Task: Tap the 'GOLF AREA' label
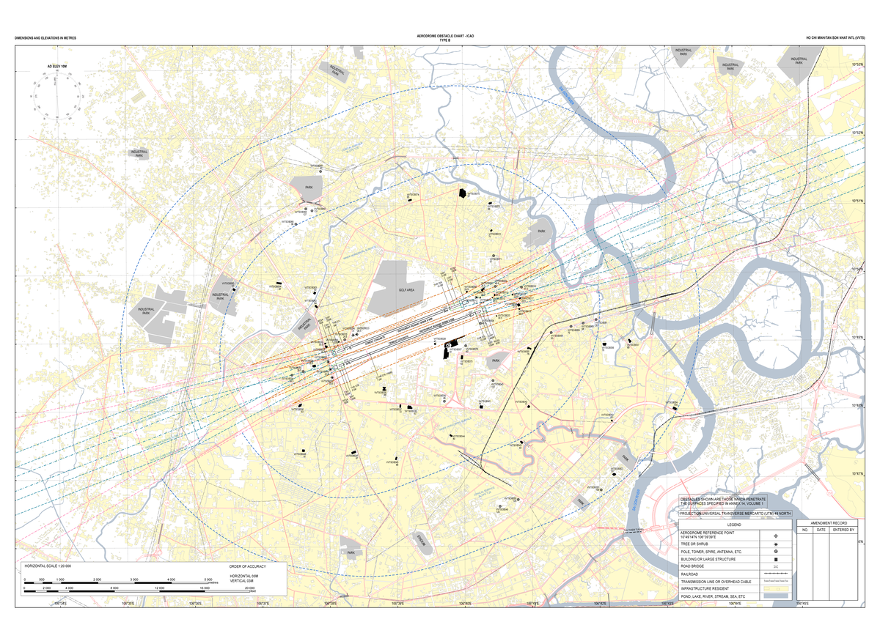click(x=406, y=290)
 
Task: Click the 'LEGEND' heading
click(x=735, y=525)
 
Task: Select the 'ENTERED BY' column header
click(x=843, y=529)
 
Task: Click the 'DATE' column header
click(x=821, y=529)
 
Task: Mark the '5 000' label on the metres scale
click(x=208, y=580)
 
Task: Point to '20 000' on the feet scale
click(x=249, y=588)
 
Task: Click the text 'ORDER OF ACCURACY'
click(x=247, y=567)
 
